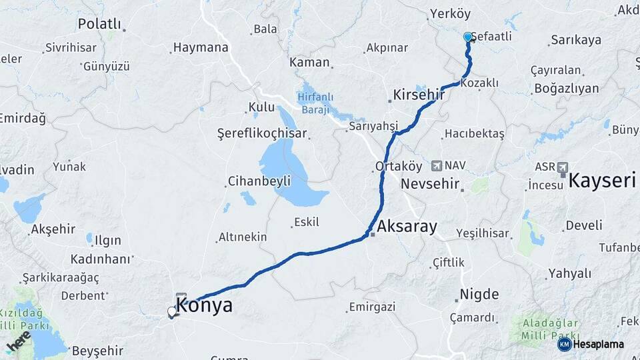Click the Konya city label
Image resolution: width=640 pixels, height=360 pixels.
(x=205, y=306)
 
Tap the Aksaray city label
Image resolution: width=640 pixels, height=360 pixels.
(x=407, y=227)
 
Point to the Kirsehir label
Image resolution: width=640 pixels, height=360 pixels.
(x=419, y=95)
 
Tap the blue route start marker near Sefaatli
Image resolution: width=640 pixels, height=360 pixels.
(x=468, y=37)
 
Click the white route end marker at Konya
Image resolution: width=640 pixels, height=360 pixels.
(x=172, y=311)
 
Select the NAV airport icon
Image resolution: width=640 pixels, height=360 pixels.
(x=437, y=165)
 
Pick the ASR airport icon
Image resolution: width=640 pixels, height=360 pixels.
(x=563, y=166)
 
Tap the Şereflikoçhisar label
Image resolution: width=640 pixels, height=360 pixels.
(x=263, y=133)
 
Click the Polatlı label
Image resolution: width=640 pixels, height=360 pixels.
(x=99, y=24)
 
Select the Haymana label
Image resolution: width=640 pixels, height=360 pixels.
(x=200, y=47)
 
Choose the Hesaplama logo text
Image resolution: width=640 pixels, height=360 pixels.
(x=598, y=344)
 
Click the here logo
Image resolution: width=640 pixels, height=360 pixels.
(x=18, y=341)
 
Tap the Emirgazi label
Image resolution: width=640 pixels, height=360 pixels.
(x=371, y=307)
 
